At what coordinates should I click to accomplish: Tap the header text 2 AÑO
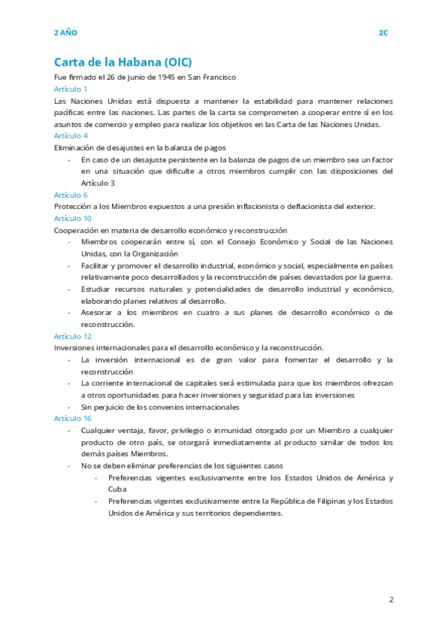pos(66,33)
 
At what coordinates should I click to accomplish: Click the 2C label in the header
pos(383,33)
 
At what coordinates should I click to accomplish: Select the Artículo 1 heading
pos(71,89)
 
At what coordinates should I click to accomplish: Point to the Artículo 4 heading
pos(71,136)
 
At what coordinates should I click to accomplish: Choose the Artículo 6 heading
pos(71,195)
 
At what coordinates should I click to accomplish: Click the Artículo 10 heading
pos(73,219)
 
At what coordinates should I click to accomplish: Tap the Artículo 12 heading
pos(73,337)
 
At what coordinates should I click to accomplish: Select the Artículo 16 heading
pos(73,419)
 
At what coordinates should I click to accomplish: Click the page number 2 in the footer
pos(390,599)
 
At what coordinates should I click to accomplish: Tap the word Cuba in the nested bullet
pos(117,489)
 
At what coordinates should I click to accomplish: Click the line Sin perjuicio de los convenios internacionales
pos(161,407)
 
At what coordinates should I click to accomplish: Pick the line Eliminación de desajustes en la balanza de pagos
pos(140,148)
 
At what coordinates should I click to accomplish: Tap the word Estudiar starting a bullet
pos(96,289)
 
